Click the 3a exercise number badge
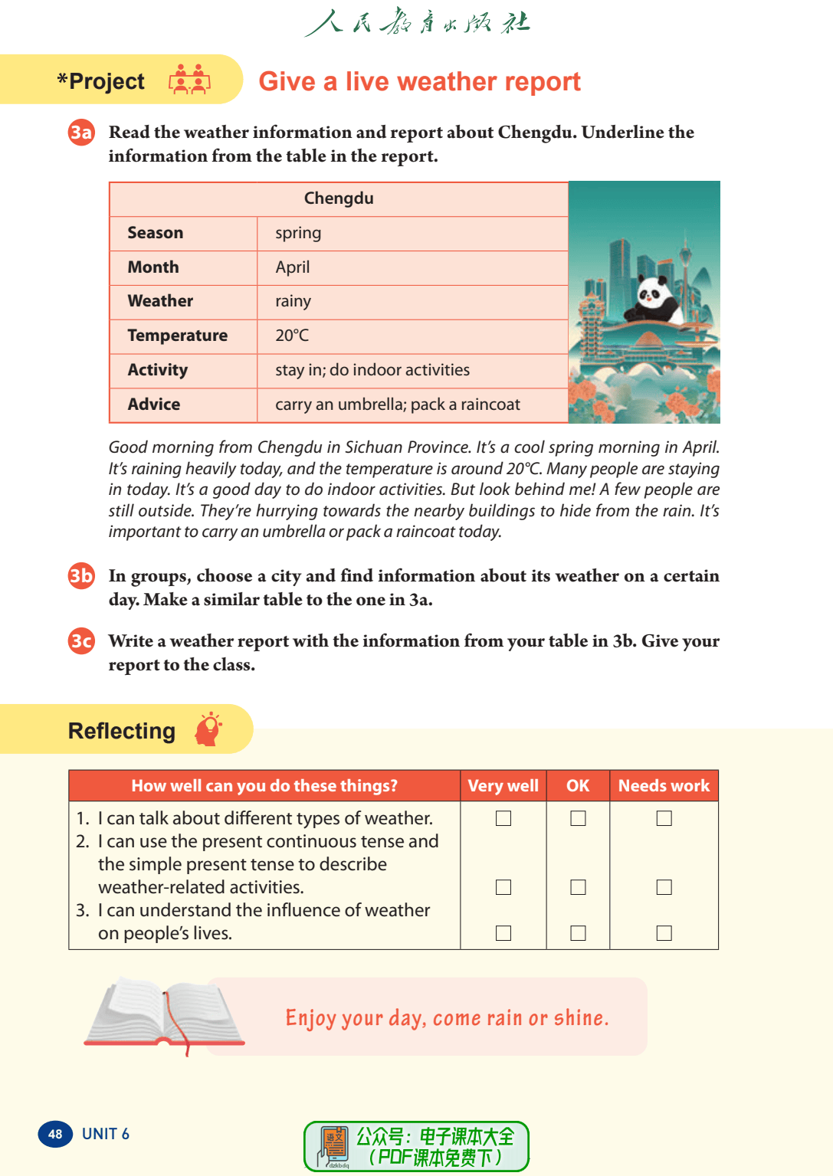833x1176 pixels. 81,133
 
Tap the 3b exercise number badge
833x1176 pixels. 81,575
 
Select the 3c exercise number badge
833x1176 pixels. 81,640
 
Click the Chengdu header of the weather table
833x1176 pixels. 339,198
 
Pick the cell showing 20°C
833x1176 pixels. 292,336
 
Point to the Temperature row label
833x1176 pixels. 177,336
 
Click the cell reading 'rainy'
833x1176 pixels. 293,301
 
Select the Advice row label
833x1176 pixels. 154,405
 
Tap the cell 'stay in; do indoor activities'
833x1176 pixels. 372,370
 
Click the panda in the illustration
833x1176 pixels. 653,300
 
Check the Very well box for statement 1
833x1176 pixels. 503,818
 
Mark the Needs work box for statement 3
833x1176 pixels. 664,933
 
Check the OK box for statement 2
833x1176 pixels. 579,887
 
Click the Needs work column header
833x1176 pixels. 664,786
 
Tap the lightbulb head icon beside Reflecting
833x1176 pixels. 208,729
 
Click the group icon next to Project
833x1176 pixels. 189,80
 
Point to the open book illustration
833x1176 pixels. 165,1014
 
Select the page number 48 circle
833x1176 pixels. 55,1134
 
